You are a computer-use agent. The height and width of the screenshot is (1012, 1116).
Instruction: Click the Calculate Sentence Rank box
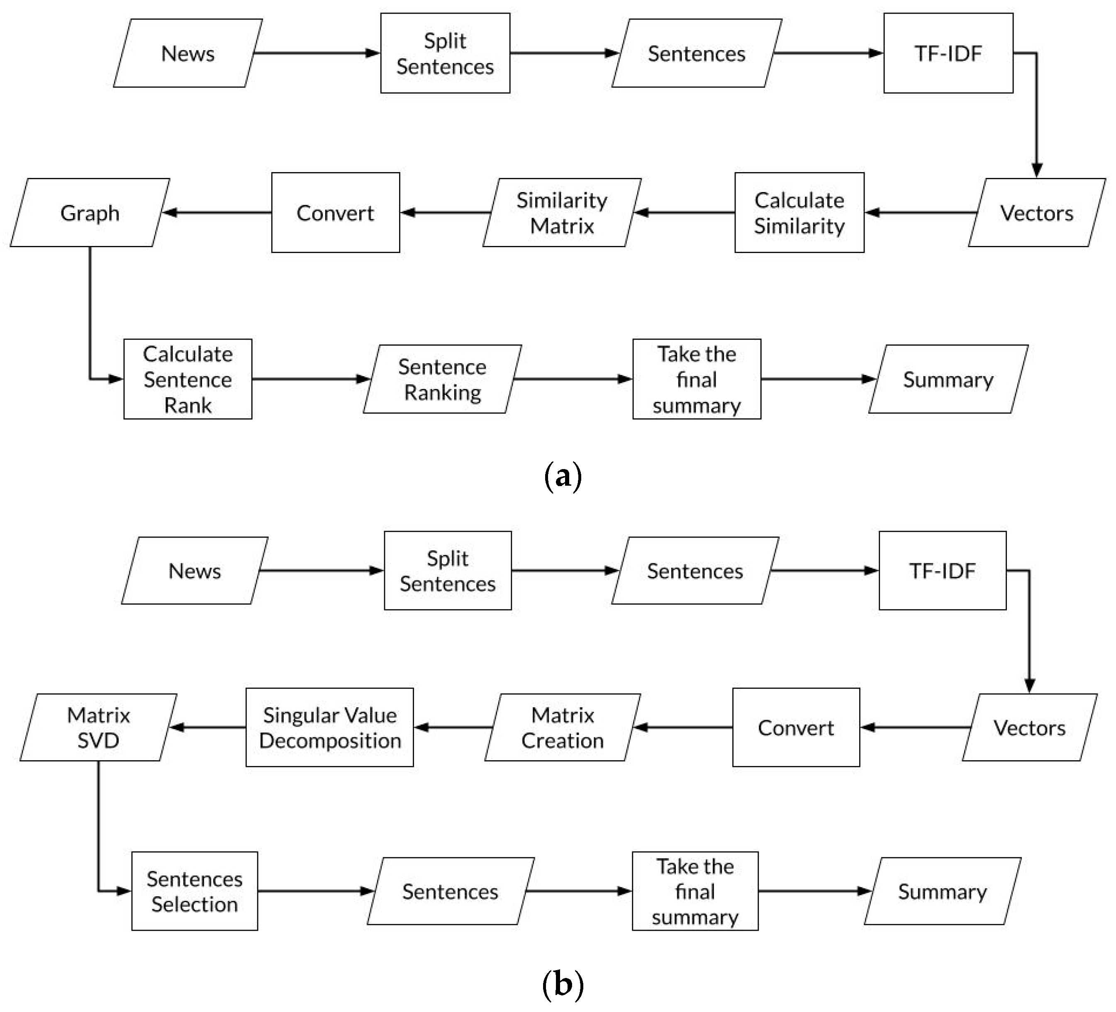188,379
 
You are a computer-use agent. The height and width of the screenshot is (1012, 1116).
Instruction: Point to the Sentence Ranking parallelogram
442,379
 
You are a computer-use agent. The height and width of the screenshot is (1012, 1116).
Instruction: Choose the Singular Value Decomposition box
329,727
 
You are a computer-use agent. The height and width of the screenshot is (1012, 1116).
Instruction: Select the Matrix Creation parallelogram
563,727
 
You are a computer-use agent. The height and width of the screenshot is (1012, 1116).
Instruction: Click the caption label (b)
563,984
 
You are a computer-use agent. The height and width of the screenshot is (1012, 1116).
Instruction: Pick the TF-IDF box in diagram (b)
942,570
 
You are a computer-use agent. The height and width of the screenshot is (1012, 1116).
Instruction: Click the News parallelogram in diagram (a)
188,53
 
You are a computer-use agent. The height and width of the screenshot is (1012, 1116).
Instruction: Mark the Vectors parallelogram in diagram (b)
1029,727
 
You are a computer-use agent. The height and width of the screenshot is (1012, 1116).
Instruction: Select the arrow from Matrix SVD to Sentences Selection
99,830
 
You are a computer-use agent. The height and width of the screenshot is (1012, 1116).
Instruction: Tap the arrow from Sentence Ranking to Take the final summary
573,379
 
